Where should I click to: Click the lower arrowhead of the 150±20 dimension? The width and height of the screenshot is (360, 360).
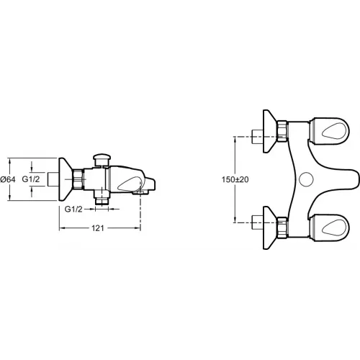[236, 220]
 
